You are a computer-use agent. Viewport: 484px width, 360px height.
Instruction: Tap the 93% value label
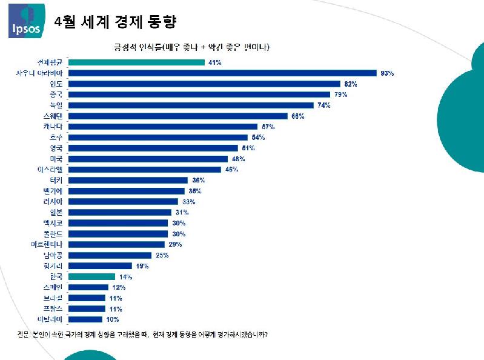tap(386, 73)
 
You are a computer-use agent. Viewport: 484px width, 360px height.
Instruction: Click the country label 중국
tap(55, 95)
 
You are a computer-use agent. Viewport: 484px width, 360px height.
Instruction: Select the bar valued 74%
tap(191, 105)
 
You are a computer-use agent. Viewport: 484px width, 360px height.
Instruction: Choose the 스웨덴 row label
tap(53, 116)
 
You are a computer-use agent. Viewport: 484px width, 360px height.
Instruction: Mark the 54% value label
tap(257, 137)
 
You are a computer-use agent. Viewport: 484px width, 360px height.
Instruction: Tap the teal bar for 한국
tap(91, 276)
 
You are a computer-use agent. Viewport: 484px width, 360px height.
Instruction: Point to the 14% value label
tap(125, 276)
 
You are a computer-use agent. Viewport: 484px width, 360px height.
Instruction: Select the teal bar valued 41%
tap(137, 62)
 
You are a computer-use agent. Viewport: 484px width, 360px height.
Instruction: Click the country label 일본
tap(55, 212)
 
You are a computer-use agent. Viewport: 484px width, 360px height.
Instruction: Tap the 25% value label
tap(161, 255)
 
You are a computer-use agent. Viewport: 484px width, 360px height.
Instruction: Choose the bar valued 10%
tap(85, 319)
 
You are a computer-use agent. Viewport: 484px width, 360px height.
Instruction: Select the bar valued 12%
tap(88, 287)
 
